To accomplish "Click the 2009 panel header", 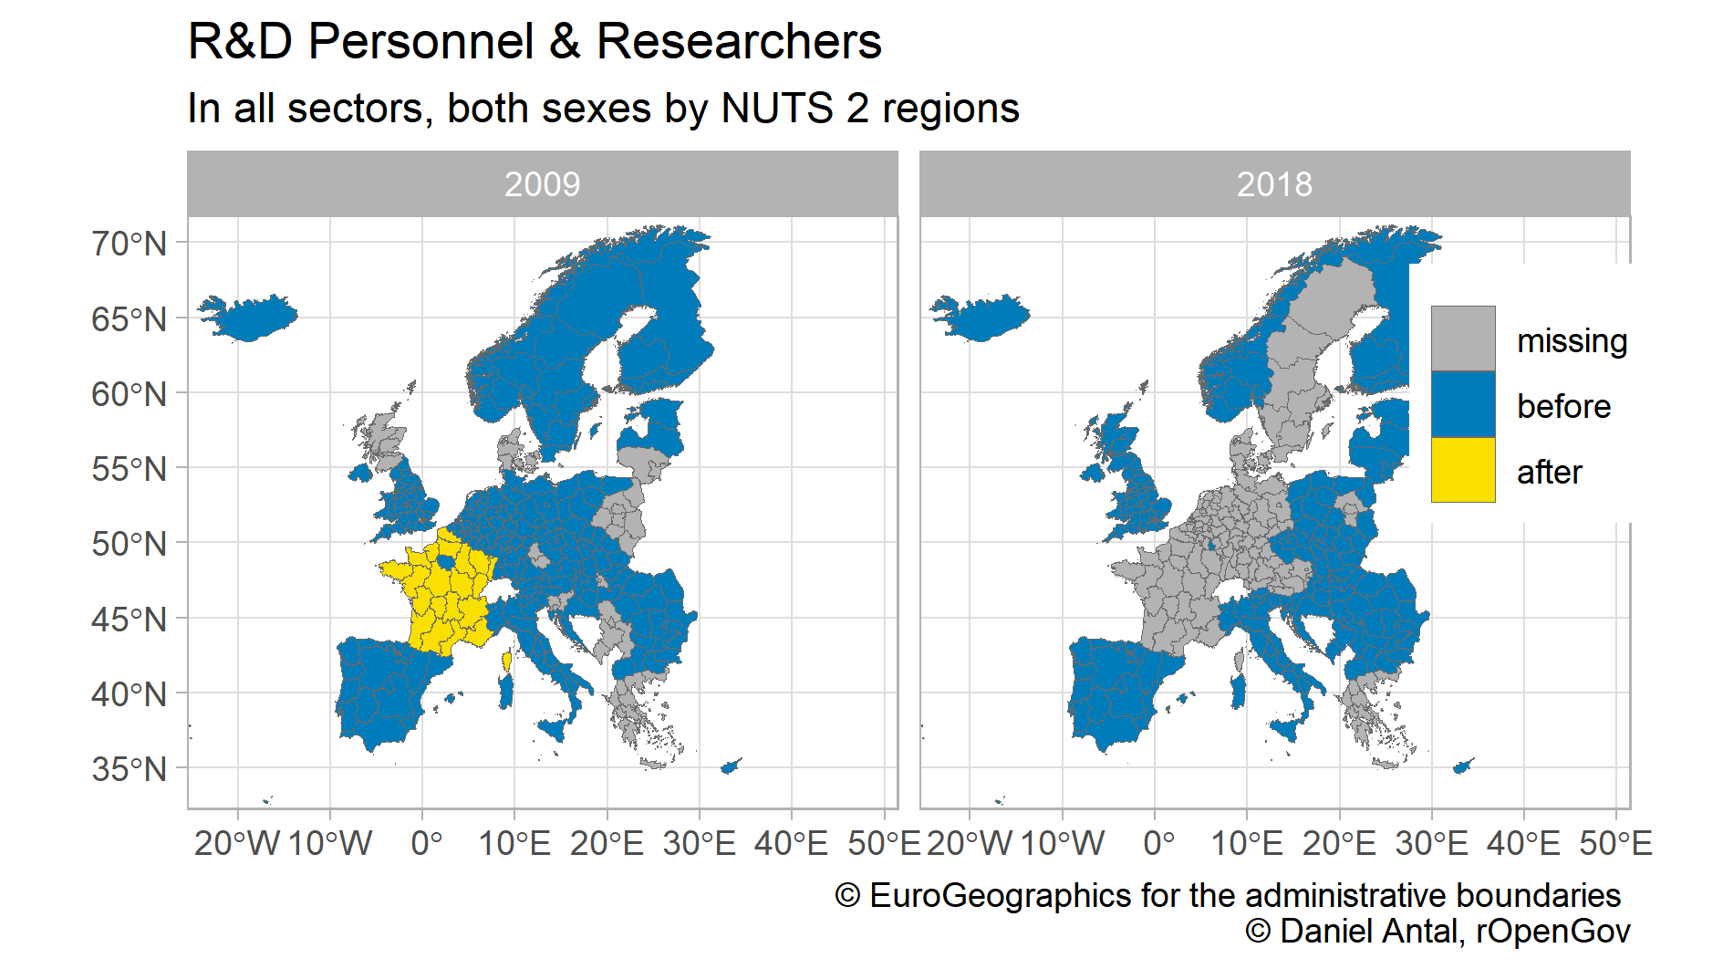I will tap(542, 184).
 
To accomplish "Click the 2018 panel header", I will tap(1274, 184).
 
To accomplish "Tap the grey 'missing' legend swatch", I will tap(1463, 339).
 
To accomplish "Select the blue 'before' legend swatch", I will tap(1463, 404).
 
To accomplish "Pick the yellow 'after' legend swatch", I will tap(1463, 470).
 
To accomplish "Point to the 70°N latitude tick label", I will tap(129, 244).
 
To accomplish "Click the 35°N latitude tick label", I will tap(129, 769).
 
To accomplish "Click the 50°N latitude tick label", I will tap(129, 544).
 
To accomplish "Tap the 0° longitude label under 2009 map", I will tap(426, 843).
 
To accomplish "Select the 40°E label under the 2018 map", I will tap(1522, 843).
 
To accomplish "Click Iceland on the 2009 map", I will tap(250, 317).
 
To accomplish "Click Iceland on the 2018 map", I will tap(982, 317).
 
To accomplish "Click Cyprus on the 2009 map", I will tap(731, 766).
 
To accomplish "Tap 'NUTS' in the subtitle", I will tap(776, 109).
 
